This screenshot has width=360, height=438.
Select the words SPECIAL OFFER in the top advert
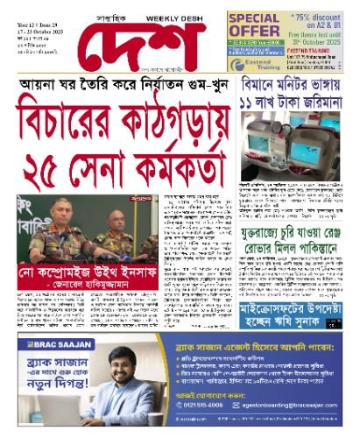pos(254,25)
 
